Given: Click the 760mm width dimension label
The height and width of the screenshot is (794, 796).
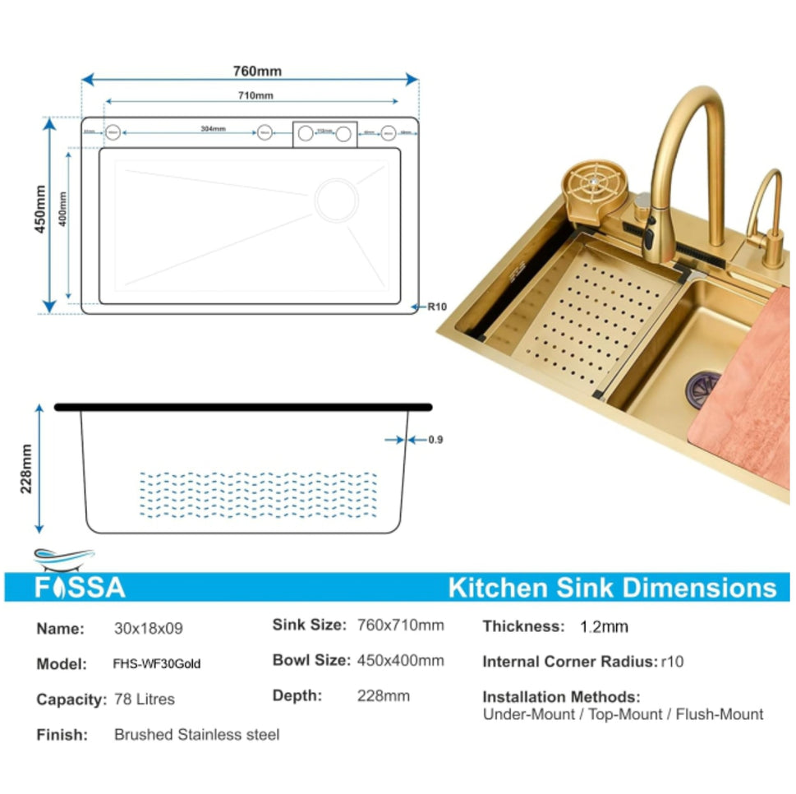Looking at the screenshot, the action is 257,71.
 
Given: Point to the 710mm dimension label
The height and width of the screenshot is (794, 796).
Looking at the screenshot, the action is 255,96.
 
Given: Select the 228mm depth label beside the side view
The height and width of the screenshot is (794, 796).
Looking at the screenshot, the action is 26,469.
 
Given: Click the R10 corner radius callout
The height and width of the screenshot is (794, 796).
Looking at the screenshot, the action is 436,307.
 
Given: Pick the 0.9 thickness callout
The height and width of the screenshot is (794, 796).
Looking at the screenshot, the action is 435,440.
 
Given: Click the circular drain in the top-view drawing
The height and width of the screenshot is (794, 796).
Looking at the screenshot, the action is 336,199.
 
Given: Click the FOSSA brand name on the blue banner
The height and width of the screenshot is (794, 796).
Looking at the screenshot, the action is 81,587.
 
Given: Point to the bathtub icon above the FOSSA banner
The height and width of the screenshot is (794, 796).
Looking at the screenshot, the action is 64,559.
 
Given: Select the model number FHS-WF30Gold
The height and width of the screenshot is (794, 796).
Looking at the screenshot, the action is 157,664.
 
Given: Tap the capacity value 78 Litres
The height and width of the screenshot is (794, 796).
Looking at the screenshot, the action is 145,699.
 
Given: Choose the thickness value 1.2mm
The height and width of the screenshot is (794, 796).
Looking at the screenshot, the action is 604,627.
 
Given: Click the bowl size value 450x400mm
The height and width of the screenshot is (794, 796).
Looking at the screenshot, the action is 401,660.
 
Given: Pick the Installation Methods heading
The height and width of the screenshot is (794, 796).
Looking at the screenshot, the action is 561,697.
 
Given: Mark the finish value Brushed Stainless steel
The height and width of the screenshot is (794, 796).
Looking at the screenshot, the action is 196,734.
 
